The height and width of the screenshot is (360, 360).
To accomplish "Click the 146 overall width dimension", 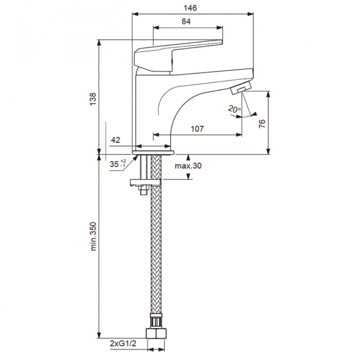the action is (190, 8).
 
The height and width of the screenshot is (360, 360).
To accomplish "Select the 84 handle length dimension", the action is (186, 21).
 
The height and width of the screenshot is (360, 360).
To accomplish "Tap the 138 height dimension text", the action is (93, 99).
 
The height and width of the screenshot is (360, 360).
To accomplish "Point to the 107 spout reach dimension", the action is (197, 129).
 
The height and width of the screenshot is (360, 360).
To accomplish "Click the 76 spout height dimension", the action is (262, 124).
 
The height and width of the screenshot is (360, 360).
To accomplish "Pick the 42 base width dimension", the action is (116, 140).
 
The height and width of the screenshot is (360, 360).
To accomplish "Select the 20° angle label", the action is (234, 109).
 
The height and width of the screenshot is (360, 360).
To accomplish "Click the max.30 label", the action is (188, 166).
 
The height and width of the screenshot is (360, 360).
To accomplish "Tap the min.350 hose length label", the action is (93, 236).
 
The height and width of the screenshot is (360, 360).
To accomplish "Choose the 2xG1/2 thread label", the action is (123, 343).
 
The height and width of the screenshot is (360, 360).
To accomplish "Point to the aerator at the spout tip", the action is (241, 88).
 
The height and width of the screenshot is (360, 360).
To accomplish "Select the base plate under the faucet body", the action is (153, 153).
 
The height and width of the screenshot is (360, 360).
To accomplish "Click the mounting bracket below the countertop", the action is (145, 183).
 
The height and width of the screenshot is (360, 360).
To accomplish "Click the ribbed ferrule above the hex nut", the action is (156, 320).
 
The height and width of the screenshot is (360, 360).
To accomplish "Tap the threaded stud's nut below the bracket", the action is (144, 190).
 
